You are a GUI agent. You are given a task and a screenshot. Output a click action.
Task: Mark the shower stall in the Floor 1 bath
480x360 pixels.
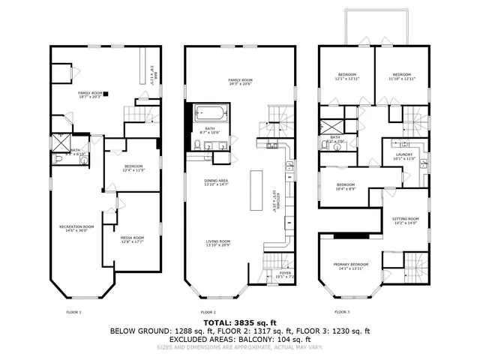coord(58,142)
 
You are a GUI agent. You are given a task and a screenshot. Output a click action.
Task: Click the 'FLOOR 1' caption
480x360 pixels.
coord(74,311)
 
